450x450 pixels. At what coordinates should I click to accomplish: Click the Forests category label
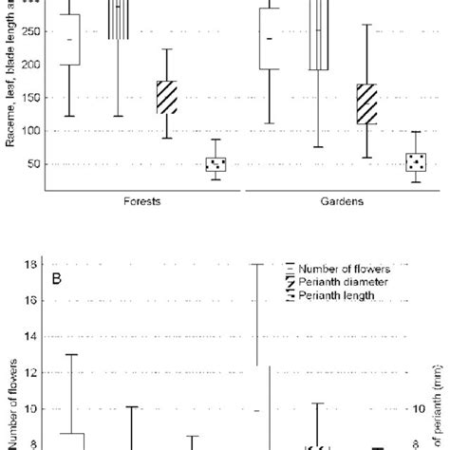pos(141,201)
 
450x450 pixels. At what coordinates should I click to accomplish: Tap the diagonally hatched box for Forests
pos(167,98)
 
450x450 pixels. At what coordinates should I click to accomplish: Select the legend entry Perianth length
pos(338,296)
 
